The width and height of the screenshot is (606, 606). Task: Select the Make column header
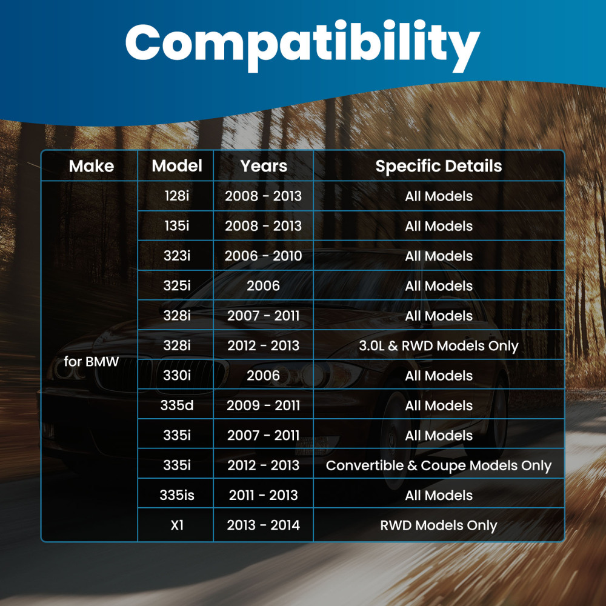point(92,166)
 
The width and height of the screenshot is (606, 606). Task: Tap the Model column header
point(177,166)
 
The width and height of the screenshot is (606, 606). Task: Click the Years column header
point(264,166)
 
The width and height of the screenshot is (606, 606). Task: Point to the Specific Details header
point(439,166)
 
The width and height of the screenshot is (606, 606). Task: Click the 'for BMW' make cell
point(92,362)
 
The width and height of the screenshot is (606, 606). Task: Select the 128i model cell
point(177,196)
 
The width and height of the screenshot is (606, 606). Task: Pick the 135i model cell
point(177,226)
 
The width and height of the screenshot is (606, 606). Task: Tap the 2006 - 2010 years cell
point(264,256)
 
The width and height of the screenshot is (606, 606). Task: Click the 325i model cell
point(177,286)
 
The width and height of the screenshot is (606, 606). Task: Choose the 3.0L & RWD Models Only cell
point(439,346)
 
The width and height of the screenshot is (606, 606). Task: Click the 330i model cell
point(177,376)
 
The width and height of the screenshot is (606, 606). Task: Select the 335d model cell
point(177,405)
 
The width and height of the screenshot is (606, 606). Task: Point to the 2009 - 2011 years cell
point(264,405)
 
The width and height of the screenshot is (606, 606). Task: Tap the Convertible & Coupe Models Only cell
point(439,465)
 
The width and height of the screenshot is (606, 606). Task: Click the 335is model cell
point(177,495)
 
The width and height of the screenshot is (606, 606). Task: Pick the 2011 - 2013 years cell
point(264,495)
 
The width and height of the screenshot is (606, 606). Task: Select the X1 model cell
point(177,525)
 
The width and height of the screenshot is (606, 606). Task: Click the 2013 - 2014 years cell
point(264,525)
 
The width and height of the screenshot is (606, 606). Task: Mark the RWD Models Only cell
point(439,525)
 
